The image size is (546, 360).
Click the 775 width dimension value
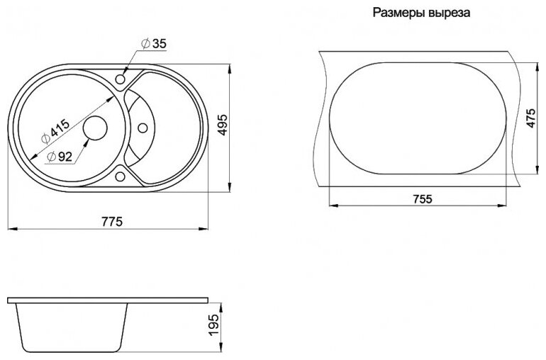pos(112,221)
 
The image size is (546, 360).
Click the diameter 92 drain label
pos(60,157)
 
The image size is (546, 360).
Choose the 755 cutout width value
pos(422,199)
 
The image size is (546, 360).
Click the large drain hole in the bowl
pos(94,128)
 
